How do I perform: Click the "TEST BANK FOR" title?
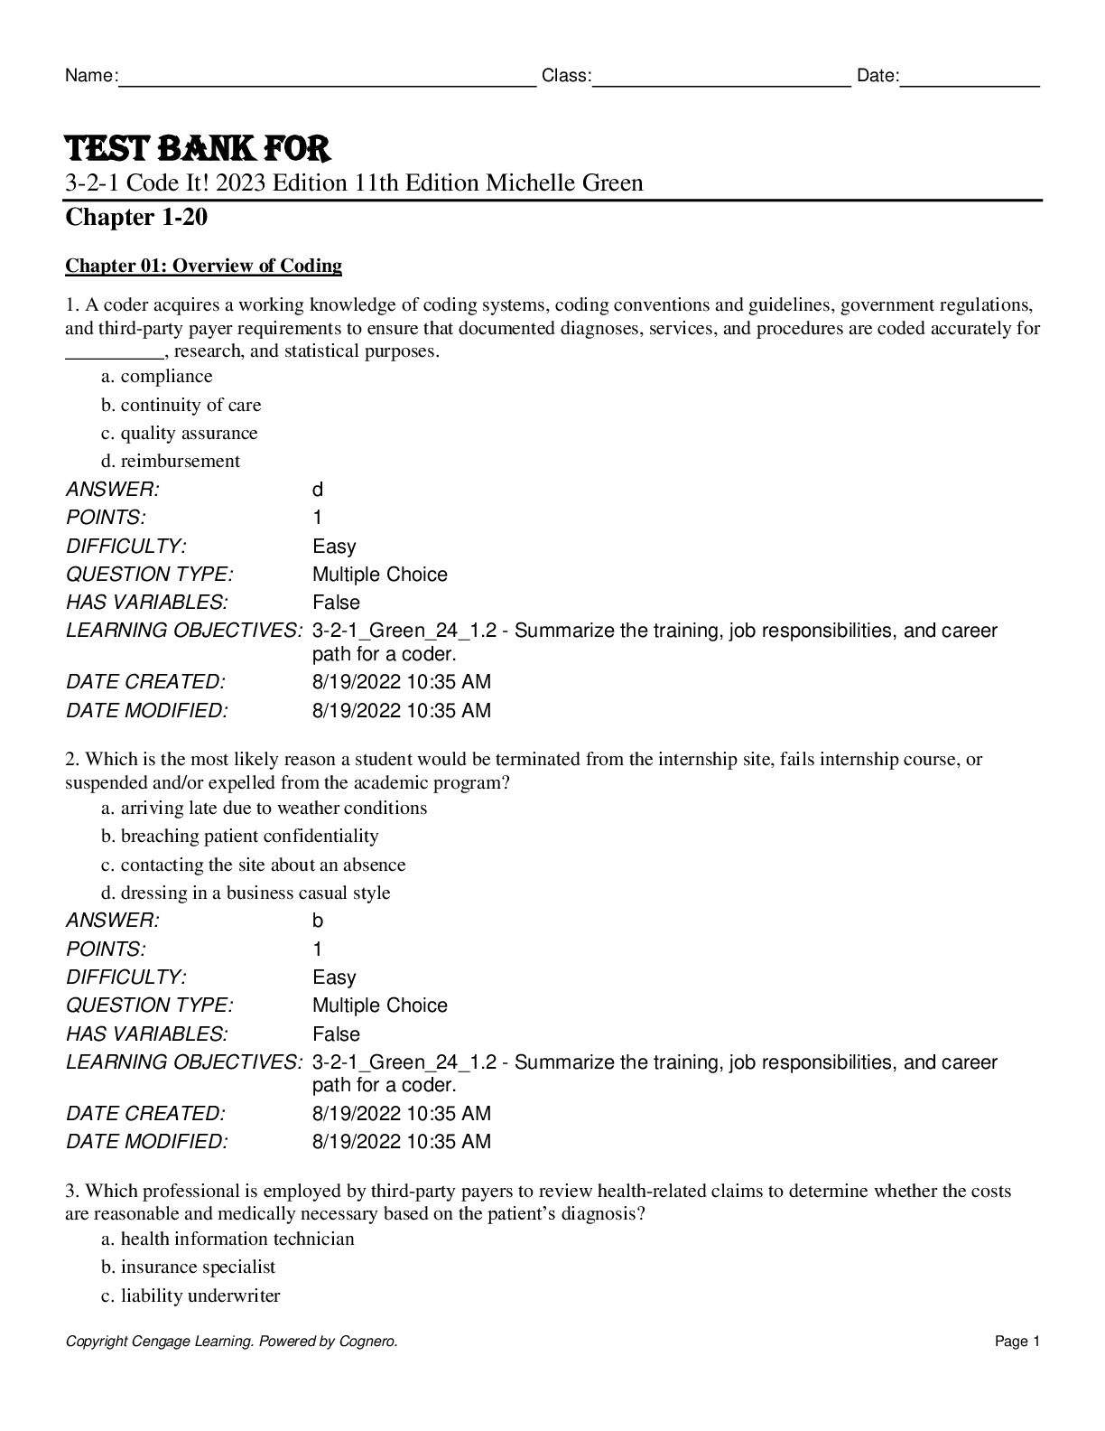point(197,148)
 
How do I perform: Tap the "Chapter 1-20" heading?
point(136,218)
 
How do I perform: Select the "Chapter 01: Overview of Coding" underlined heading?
point(203,266)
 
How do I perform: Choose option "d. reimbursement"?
point(171,462)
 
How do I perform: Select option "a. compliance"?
point(157,377)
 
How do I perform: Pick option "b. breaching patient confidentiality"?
point(240,837)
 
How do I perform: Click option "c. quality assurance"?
point(180,434)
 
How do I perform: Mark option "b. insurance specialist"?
point(189,1267)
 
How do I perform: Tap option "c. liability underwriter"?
point(190,1296)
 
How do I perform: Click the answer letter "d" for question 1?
point(318,491)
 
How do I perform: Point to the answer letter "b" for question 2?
point(318,921)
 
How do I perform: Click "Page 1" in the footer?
point(1017,1342)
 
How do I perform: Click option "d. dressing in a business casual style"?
point(246,893)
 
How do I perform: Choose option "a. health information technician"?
point(227,1239)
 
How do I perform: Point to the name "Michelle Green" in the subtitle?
point(564,183)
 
